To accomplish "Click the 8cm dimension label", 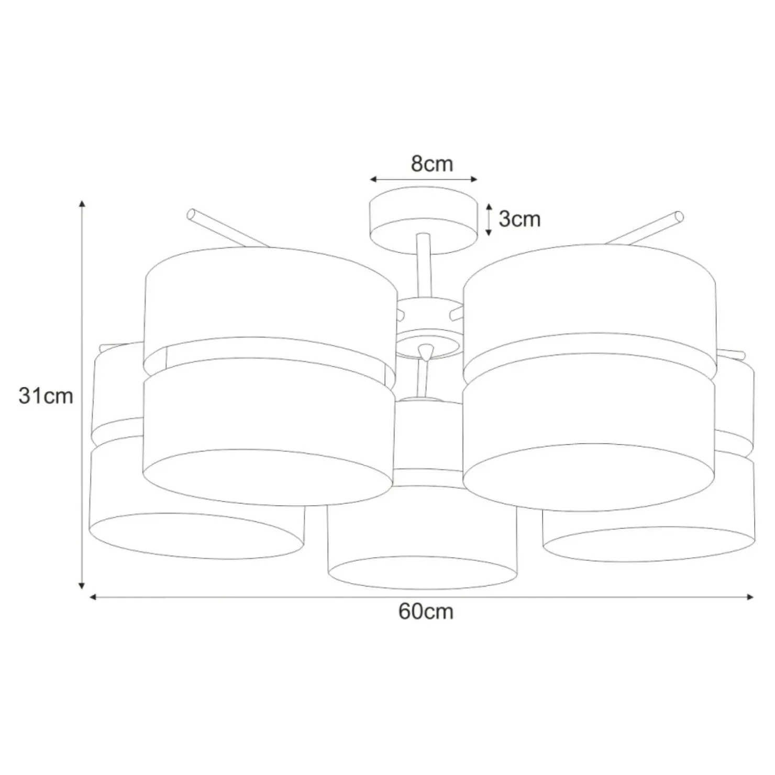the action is [x=431, y=164].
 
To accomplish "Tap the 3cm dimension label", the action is [x=519, y=219].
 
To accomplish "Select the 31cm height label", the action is [x=46, y=396].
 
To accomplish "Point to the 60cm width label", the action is [x=426, y=612].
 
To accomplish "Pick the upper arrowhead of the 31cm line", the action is [x=82, y=204].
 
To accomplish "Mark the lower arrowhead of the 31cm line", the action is [x=82, y=584].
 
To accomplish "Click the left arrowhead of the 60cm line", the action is [x=94, y=596].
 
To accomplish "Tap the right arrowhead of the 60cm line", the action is [x=750, y=596].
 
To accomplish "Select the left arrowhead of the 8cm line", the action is [x=374, y=180].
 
